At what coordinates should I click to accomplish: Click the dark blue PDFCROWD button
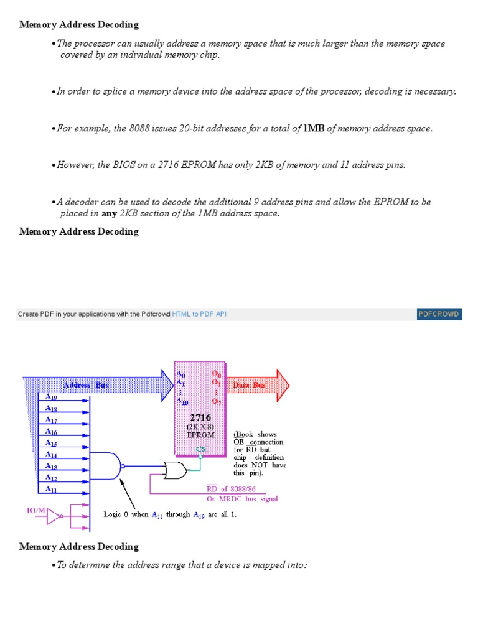439,314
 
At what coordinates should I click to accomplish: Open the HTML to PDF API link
199,314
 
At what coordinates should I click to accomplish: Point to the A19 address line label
51,397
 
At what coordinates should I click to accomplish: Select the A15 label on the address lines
51,444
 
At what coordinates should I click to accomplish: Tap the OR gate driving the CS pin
175,470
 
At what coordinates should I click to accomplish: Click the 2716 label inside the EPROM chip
200,417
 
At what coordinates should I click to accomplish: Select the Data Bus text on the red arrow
249,385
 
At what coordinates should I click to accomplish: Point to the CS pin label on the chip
200,449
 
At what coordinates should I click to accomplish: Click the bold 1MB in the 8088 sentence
314,129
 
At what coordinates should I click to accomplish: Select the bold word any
109,213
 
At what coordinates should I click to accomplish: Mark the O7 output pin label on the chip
216,401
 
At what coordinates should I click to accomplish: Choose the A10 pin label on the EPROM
182,401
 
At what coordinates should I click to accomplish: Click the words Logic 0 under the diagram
116,515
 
